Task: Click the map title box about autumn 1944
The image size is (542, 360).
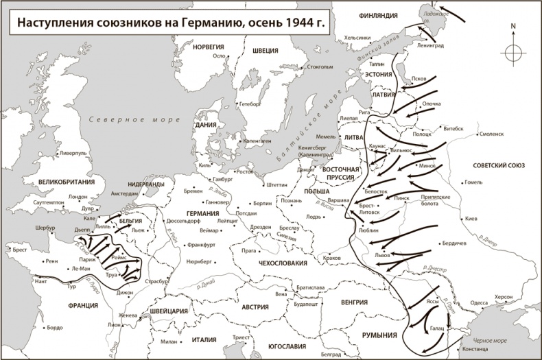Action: point(169,23)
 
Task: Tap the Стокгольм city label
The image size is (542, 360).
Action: point(320,68)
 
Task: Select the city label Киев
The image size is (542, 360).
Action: point(471,219)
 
